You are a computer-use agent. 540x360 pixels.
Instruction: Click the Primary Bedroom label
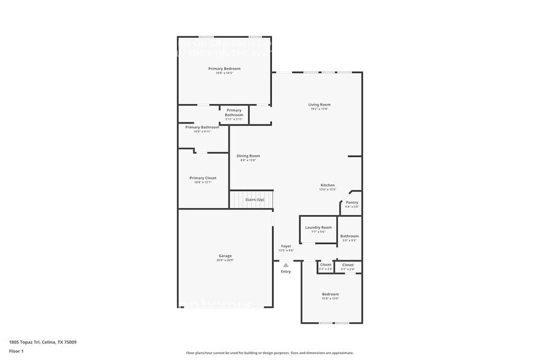224,69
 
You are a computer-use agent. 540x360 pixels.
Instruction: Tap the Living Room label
319,105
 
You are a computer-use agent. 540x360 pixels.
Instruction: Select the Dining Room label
249,156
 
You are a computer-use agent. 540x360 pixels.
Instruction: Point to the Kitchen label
328,185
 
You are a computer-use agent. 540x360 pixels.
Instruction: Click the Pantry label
352,202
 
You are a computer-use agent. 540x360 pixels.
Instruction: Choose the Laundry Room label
318,227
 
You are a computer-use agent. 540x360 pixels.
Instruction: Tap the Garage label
225,256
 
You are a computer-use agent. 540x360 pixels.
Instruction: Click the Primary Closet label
203,178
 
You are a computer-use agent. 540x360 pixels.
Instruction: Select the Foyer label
286,246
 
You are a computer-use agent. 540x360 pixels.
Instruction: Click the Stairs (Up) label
255,200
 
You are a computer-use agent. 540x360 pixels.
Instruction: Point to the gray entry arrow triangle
285,265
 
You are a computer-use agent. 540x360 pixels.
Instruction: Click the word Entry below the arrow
286,271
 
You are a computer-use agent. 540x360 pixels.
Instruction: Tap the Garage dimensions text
225,260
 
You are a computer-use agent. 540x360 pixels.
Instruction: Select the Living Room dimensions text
319,109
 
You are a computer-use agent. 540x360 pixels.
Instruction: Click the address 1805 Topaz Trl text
43,342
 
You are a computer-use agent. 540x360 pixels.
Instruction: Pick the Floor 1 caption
16,351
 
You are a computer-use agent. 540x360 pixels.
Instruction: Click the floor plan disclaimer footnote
269,353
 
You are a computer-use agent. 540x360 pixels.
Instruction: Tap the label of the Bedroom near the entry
331,294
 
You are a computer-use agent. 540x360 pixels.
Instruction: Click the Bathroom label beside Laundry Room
350,236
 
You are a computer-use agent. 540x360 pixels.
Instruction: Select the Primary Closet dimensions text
203,182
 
